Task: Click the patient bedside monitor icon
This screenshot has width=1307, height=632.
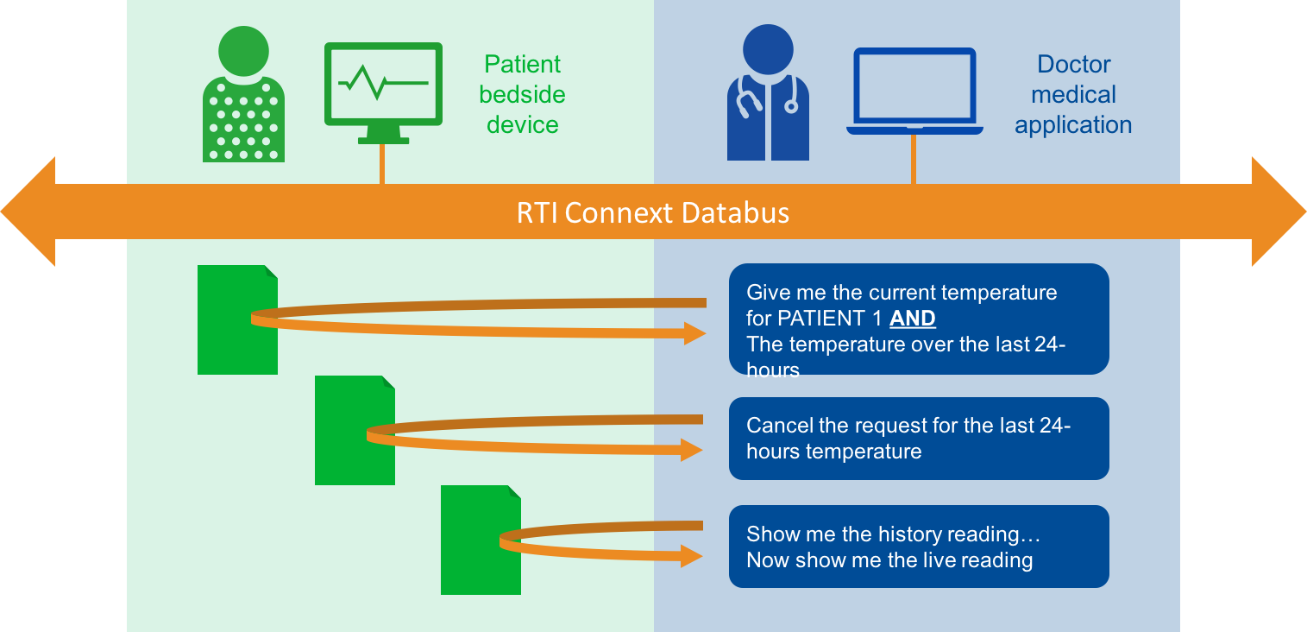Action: click(x=383, y=86)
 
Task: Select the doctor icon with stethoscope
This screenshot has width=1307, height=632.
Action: click(x=768, y=95)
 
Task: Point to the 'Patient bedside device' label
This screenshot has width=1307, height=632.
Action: click(x=522, y=94)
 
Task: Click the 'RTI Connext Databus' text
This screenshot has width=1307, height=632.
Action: click(x=653, y=212)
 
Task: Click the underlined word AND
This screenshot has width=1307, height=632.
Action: click(x=913, y=319)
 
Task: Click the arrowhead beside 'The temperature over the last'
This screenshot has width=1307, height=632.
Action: click(x=694, y=333)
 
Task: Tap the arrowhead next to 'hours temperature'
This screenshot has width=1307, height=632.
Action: click(x=692, y=449)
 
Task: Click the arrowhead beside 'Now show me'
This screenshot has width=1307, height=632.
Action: click(x=692, y=556)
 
